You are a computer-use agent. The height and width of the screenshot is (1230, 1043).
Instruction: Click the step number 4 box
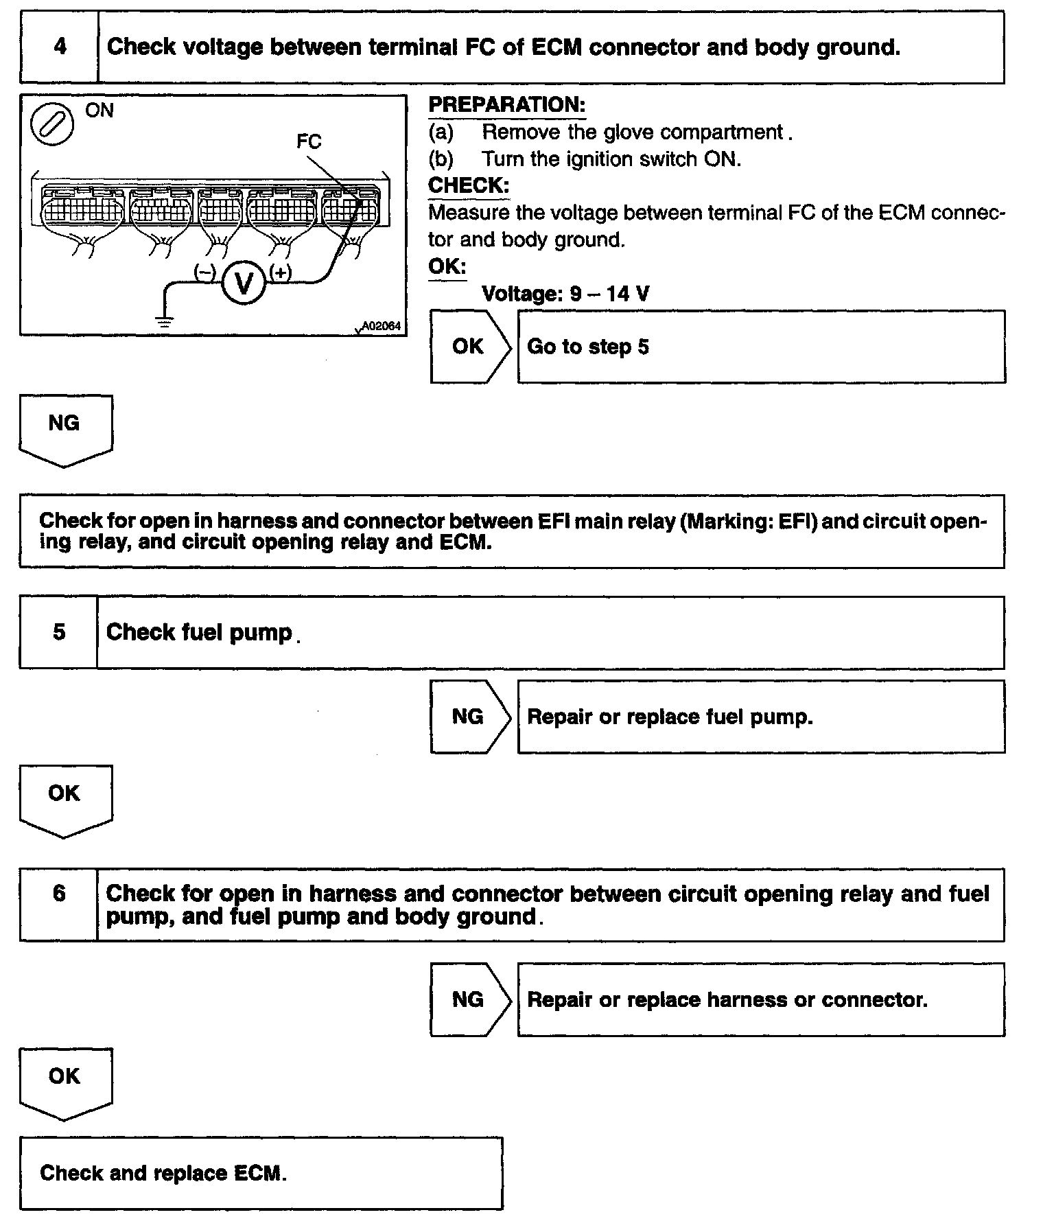point(60,47)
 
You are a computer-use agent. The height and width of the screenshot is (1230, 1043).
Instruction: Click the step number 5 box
point(59,632)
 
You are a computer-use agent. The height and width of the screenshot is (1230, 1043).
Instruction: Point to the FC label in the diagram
point(309,141)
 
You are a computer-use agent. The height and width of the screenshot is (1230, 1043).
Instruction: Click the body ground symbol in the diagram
point(164,319)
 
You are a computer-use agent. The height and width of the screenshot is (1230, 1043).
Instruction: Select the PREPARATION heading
point(506,105)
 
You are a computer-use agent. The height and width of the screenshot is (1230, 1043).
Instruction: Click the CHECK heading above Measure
point(469,185)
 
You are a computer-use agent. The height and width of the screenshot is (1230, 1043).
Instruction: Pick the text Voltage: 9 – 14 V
point(565,294)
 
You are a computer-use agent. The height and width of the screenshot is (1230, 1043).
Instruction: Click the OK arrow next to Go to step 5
point(469,347)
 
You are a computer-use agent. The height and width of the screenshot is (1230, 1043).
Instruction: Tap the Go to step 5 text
point(587,347)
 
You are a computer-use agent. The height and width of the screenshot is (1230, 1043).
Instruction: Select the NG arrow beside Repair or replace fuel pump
point(469,717)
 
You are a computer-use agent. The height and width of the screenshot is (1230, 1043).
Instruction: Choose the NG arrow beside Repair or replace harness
point(469,999)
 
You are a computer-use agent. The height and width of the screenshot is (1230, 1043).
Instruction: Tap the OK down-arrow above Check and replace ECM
point(65,1081)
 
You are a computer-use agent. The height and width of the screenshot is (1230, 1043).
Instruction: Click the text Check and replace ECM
point(163,1172)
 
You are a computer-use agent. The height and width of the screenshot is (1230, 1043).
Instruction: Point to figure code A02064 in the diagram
point(380,327)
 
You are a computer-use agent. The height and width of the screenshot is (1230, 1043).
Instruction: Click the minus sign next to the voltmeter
point(204,272)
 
